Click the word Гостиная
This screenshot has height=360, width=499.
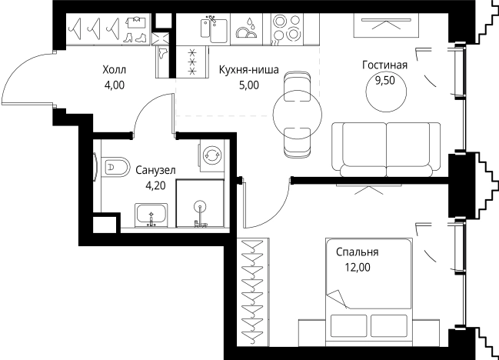pos(384,65)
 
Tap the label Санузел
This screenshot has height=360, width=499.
pos(155,170)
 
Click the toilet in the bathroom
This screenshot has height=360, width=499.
pos(114,165)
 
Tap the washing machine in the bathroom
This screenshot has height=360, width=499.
pos(210,155)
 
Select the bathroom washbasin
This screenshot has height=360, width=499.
pos(152,215)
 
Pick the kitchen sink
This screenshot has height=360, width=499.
pos(214,30)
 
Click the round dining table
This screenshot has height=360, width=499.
pos(298,114)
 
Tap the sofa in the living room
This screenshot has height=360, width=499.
pos(388,146)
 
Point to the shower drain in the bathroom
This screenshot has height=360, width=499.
pos(200,206)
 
